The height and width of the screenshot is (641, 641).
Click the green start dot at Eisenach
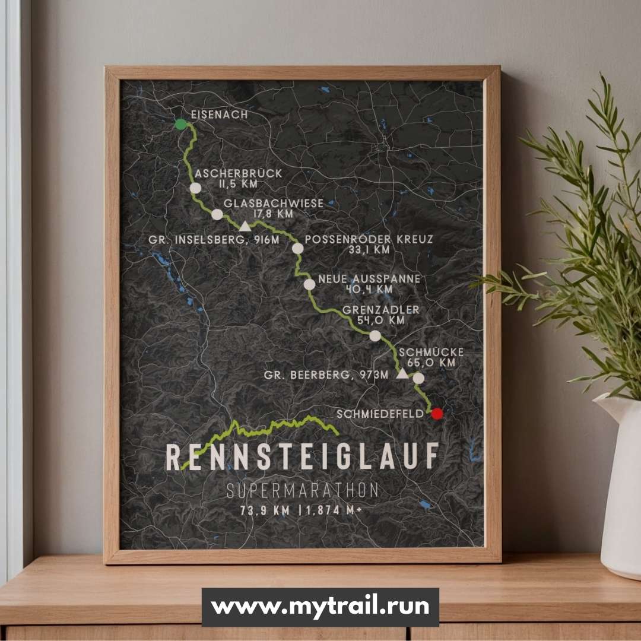click(180, 123)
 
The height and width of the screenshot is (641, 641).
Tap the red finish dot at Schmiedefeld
click(437, 414)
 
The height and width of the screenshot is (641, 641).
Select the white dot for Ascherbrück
click(195, 188)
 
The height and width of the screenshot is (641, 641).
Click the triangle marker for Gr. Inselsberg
click(245, 226)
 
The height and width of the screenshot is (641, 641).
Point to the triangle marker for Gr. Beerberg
click(402, 374)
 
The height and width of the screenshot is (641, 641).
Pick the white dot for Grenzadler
click(375, 336)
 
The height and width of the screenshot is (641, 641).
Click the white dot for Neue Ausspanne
click(309, 284)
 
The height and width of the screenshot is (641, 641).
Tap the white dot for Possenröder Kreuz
click(297, 248)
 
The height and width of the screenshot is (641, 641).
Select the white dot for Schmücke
click(418, 378)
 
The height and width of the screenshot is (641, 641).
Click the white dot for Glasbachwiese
click(217, 214)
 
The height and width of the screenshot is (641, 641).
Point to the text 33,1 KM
click(369, 250)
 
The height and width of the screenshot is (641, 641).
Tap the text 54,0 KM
click(380, 320)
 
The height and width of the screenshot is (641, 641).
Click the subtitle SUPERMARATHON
click(303, 491)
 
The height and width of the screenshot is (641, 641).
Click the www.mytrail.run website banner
click(320, 607)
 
